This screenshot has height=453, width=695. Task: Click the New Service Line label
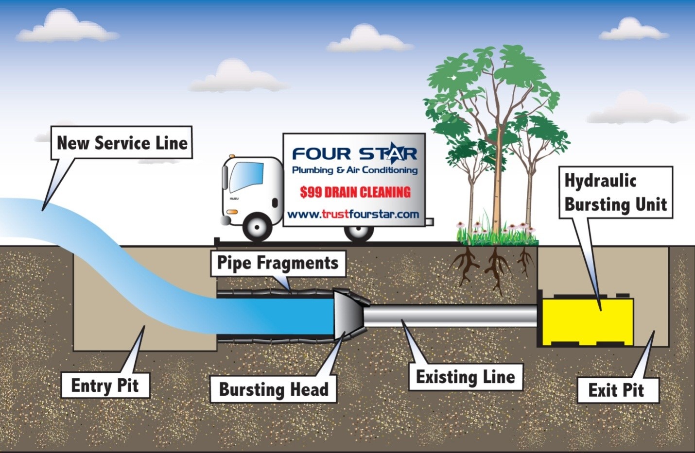pyautogui.click(x=122, y=143)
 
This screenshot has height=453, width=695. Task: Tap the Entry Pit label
pyautogui.click(x=105, y=386)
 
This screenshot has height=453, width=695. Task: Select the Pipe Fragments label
pyautogui.click(x=278, y=263)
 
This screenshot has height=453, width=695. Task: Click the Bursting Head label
pyautogui.click(x=273, y=389)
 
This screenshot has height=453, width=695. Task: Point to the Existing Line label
pyautogui.click(x=465, y=377)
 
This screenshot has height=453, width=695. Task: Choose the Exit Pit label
pyautogui.click(x=616, y=390)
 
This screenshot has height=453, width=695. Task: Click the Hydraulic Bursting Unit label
pyautogui.click(x=615, y=193)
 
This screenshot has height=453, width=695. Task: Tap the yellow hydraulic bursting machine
pyautogui.click(x=587, y=320)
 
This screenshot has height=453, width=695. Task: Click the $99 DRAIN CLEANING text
pyautogui.click(x=355, y=192)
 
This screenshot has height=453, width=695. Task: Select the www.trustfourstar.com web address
pyautogui.click(x=353, y=214)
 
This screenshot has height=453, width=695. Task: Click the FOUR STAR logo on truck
pyautogui.click(x=354, y=154)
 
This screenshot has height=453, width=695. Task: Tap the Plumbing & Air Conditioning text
pyautogui.click(x=354, y=170)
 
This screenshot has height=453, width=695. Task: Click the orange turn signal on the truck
pyautogui.click(x=232, y=212)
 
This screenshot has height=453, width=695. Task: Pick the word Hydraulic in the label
pyautogui.click(x=600, y=181)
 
